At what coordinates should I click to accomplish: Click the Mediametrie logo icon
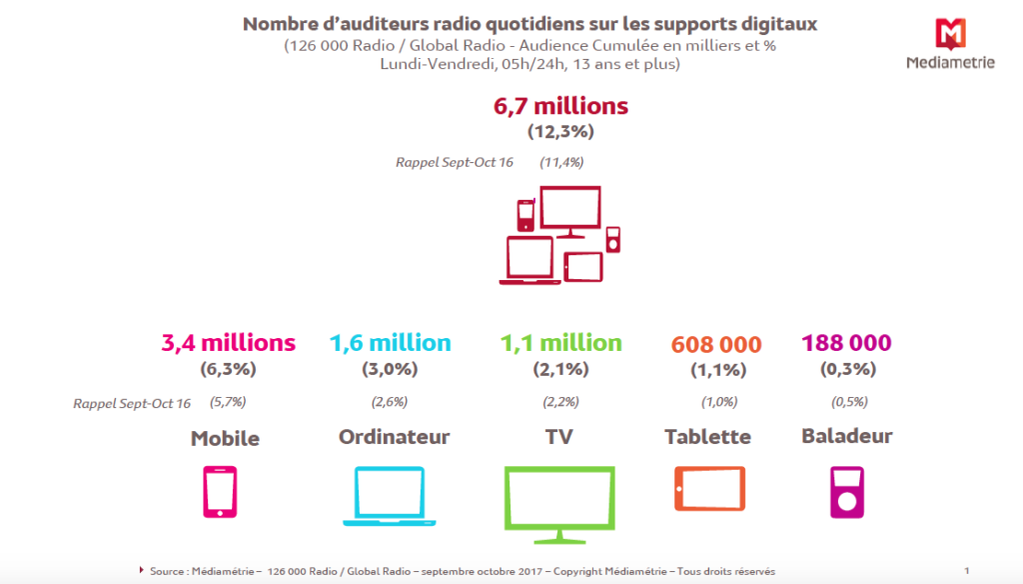950,33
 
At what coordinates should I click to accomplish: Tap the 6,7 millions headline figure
560,106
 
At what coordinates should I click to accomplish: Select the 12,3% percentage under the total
560,130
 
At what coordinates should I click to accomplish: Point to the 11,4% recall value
561,162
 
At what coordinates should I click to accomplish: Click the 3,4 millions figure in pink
229,343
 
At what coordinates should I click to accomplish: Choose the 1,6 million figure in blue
391,343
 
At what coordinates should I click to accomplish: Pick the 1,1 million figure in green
562,343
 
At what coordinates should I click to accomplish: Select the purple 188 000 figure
846,343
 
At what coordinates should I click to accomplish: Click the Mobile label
225,438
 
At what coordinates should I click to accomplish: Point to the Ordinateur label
395,437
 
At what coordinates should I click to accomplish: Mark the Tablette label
708,437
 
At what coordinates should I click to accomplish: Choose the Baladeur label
847,436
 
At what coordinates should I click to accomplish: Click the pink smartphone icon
220,491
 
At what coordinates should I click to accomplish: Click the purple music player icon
846,491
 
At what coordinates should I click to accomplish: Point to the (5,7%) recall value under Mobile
228,402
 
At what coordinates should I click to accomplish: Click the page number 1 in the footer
967,570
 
